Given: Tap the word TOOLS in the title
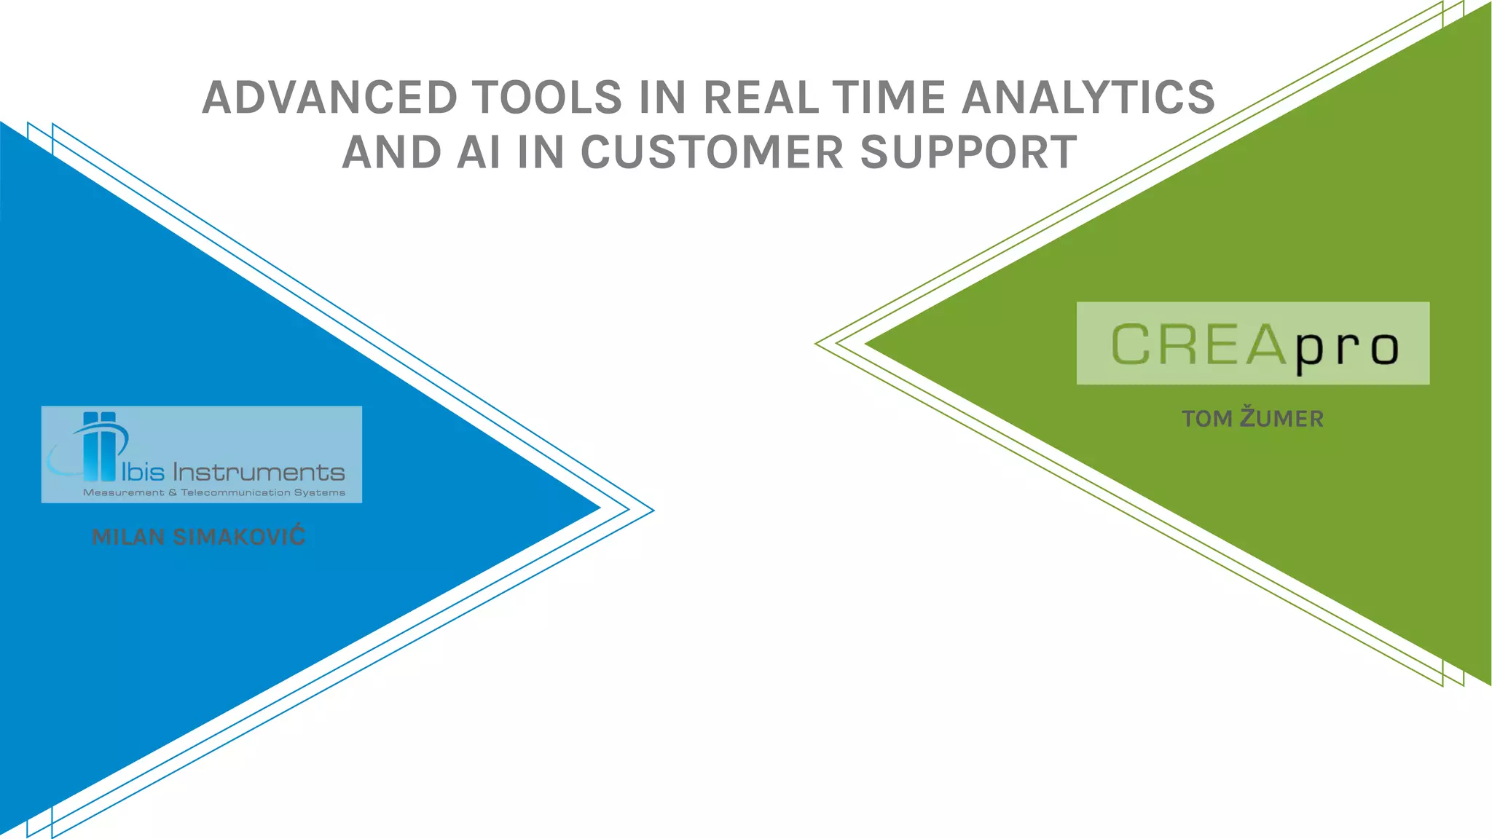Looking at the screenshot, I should [547, 98].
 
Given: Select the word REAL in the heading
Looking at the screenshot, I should [762, 98].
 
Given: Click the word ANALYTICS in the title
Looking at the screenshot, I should [1088, 98].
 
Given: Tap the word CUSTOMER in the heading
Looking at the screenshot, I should [712, 153].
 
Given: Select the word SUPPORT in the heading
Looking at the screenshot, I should [968, 153].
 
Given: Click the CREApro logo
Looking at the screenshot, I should [1252, 343].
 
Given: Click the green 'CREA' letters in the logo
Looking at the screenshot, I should [1198, 344].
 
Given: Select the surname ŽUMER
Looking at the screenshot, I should [1281, 418].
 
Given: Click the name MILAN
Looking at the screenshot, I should [128, 537].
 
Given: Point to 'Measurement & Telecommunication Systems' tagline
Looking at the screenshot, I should [214, 493].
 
